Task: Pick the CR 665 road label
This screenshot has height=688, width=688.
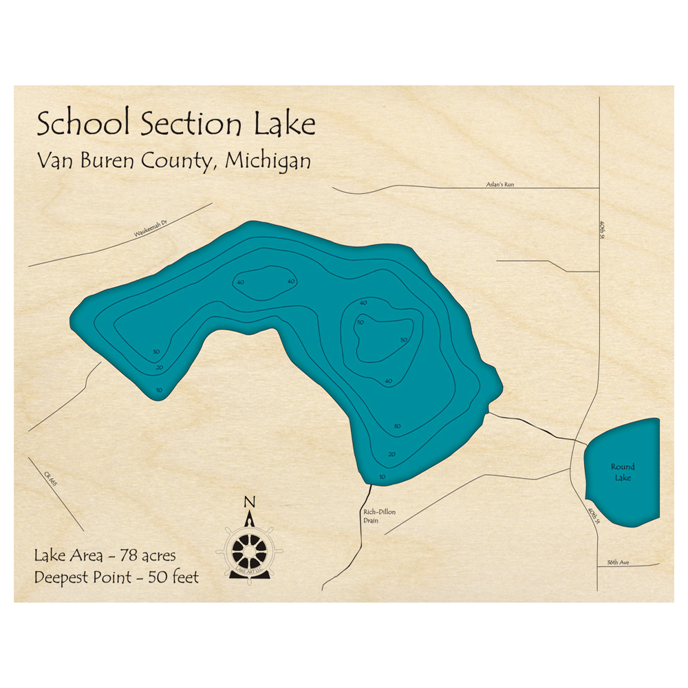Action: (x=50, y=480)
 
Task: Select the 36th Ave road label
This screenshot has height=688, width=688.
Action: (x=618, y=562)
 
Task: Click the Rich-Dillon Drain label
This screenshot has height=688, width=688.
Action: (x=380, y=516)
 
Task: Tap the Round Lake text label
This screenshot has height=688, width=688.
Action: (x=623, y=472)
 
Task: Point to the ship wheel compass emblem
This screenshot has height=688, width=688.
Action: (x=249, y=548)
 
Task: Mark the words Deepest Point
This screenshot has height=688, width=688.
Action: (x=82, y=577)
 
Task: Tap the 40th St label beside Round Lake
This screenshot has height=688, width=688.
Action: (x=593, y=515)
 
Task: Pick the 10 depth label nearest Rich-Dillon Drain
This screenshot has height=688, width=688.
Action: (x=383, y=476)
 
